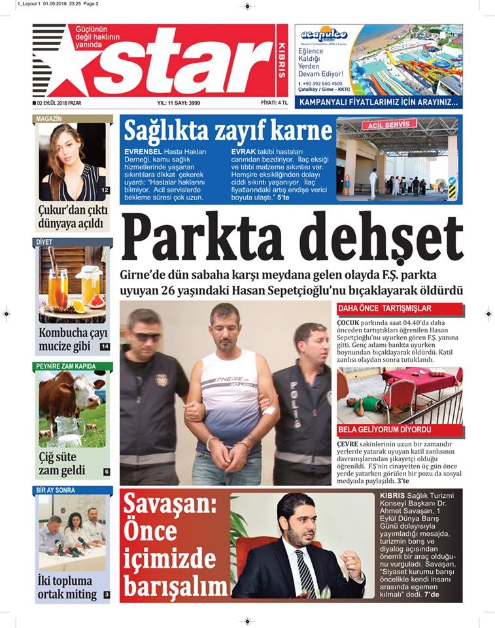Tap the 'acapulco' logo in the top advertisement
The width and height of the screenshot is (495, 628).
tap(325, 35)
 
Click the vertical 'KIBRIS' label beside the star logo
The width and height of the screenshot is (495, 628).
tap(282, 62)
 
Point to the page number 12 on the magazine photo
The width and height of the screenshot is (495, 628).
tap(105, 190)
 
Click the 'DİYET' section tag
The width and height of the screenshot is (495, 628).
tap(45, 242)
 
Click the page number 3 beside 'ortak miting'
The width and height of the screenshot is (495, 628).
tap(106, 595)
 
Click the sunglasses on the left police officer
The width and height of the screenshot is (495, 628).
tap(148, 337)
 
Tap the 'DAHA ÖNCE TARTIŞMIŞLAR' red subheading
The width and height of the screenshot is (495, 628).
tap(384, 308)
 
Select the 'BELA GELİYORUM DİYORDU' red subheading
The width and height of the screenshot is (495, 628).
tap(384, 430)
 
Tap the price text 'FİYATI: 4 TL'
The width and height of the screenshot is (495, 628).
tap(274, 103)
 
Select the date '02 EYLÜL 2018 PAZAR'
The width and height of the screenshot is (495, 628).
tap(59, 103)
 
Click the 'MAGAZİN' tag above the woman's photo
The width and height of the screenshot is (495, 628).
tap(50, 118)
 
